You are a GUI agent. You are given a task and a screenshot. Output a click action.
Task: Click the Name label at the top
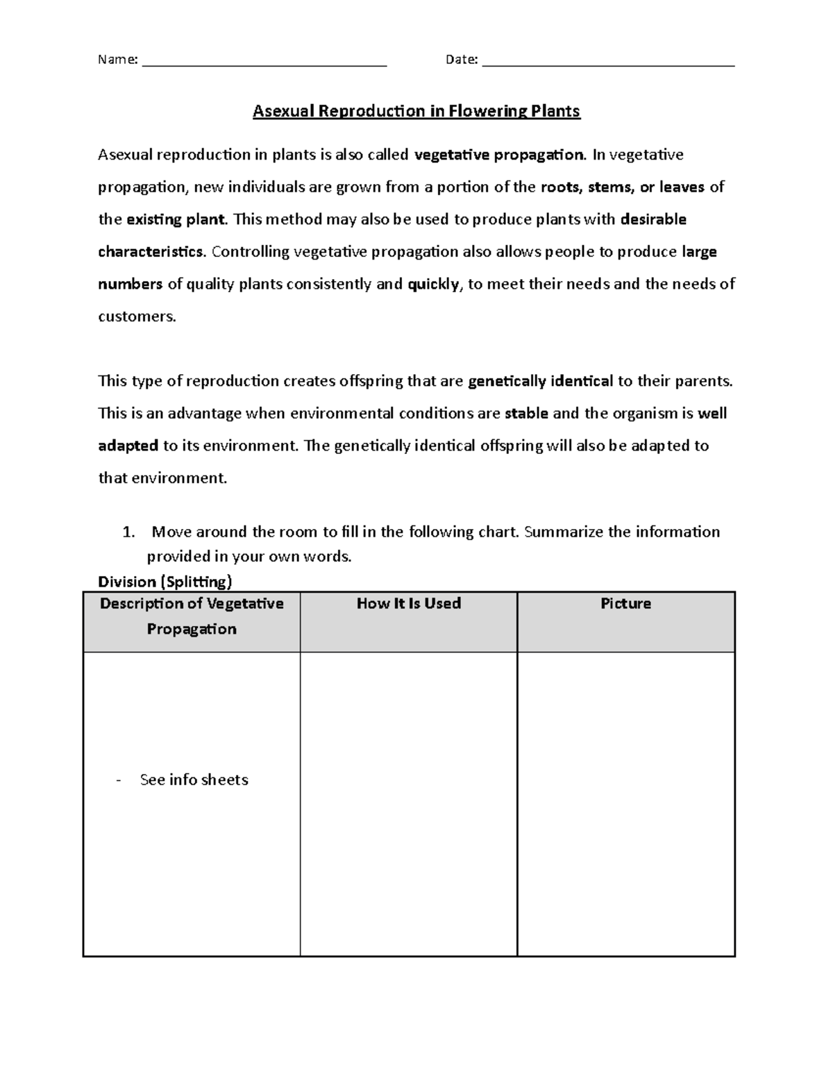coord(117,60)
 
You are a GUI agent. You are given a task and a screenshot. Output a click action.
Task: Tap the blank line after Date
coord(608,65)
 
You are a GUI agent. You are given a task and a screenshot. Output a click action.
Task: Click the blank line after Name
coord(264,65)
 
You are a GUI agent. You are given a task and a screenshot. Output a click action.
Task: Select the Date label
coord(461,60)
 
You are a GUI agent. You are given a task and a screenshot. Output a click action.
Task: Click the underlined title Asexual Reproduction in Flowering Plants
coord(416,111)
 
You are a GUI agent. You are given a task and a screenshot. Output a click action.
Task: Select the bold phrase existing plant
coord(176,219)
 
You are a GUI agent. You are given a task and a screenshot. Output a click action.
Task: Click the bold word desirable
coord(653,219)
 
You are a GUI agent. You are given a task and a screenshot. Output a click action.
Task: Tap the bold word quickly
coord(433,284)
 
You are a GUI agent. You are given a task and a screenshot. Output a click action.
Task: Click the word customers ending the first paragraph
coord(137,317)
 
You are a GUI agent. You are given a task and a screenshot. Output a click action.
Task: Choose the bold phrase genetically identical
coord(541,381)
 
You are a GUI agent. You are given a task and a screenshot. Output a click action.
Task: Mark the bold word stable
coord(526,414)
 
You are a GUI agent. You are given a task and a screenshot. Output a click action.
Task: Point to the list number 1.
coord(127,532)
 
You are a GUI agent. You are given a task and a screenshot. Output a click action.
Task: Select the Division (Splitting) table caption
coord(165,581)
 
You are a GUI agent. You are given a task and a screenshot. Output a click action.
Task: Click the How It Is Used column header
coord(408,603)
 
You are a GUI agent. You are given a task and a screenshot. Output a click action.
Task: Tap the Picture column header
coord(625,603)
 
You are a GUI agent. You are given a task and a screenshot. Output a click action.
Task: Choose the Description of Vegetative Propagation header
coord(192,616)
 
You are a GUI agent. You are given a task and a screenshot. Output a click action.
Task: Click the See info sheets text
coord(194,780)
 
